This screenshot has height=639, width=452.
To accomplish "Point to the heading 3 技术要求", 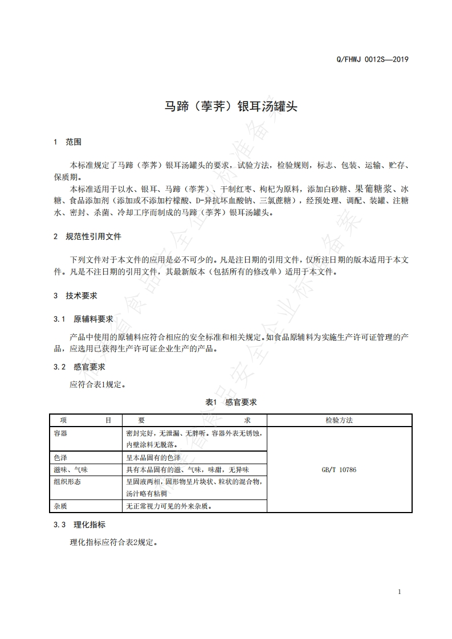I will pos(75,296).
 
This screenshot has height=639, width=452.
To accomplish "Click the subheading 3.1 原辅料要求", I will pos(83,319).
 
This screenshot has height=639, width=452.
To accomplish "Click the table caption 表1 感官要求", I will pos(231,402).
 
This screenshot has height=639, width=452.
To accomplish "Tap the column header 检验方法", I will pos(339,420).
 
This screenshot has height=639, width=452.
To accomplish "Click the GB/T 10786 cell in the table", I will pos(339,470).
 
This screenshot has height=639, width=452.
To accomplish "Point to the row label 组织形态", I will pos(67,482).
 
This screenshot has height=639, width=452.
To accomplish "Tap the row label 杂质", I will pos(60,506).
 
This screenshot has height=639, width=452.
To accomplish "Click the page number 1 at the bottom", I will pos(400,592).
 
